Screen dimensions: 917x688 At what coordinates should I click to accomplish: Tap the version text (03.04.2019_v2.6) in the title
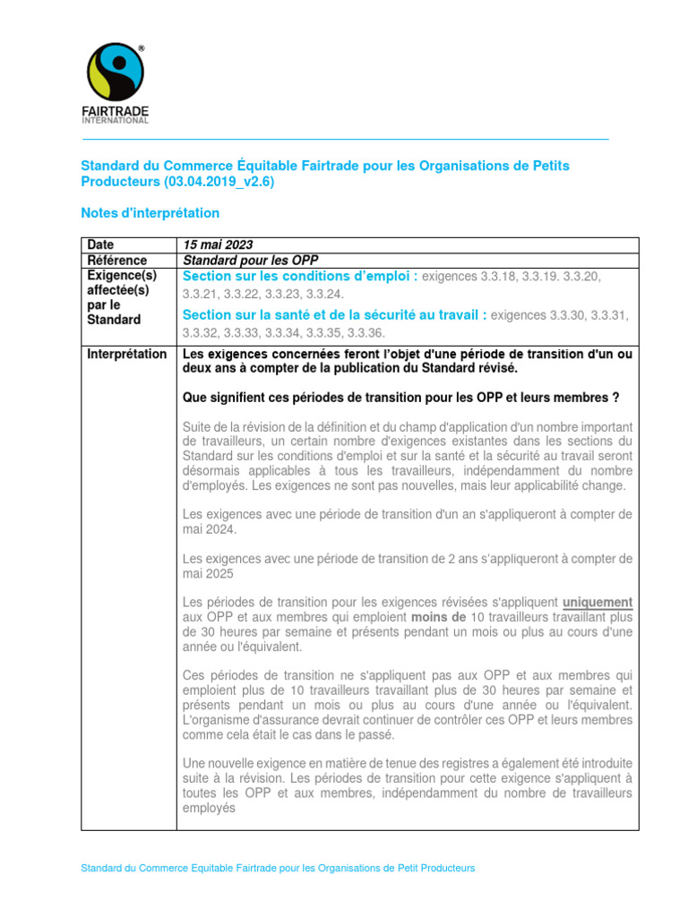pyautogui.click(x=219, y=182)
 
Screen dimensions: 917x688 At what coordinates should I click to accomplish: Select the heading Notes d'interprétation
pyautogui.click(x=150, y=213)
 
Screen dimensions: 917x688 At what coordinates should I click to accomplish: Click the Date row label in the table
pyautogui.click(x=100, y=245)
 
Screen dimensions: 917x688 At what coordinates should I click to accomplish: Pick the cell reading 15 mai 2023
pyautogui.click(x=218, y=245)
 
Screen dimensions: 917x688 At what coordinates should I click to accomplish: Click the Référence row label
pyautogui.click(x=116, y=261)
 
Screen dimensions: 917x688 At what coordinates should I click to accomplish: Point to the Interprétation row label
pyautogui.click(x=126, y=355)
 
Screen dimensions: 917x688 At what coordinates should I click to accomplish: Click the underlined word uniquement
pyautogui.click(x=598, y=602)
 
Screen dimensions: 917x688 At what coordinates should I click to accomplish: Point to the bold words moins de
pyautogui.click(x=439, y=617)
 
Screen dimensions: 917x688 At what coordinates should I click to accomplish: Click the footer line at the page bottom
pyautogui.click(x=278, y=869)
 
